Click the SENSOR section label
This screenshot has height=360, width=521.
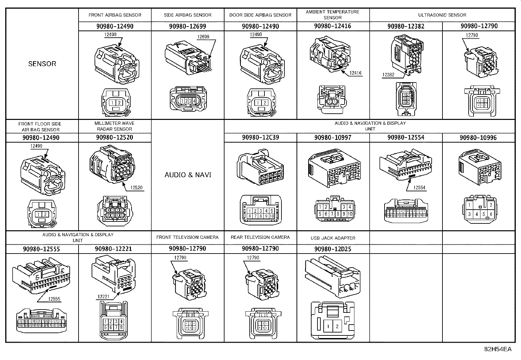click(x=42, y=64)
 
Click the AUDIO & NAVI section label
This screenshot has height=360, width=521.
click(x=188, y=175)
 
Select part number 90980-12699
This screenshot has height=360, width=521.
click(x=188, y=26)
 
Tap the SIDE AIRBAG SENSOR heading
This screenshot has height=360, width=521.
click(x=188, y=15)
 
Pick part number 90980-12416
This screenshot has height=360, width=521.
click(x=332, y=26)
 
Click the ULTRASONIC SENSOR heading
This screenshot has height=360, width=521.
click(x=442, y=15)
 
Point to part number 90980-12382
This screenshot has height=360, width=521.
click(x=406, y=26)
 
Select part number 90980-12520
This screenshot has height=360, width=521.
click(x=115, y=137)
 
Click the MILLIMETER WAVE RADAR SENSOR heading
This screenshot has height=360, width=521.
click(x=115, y=126)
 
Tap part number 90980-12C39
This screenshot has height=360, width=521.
click(x=260, y=137)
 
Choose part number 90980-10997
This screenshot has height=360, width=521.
click(x=332, y=138)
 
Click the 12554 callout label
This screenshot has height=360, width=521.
click(x=419, y=188)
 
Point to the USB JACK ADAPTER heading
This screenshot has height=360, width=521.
click(x=333, y=238)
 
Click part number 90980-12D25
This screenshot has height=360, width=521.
click(x=332, y=249)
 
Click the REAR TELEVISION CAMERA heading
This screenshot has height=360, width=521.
click(x=260, y=237)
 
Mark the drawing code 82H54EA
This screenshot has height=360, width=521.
click(x=497, y=349)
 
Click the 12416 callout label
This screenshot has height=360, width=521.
click(x=355, y=73)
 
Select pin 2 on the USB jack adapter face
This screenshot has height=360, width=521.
click(x=337, y=326)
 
